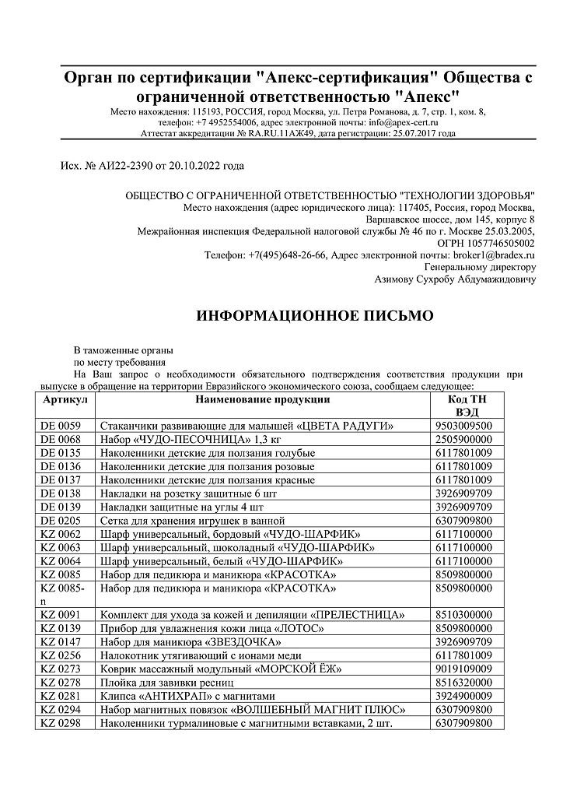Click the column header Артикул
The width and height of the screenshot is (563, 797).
click(x=65, y=399)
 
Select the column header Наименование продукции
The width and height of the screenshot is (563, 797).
click(x=262, y=399)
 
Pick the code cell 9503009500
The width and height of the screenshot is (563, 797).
click(x=464, y=426)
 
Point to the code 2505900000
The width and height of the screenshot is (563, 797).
click(x=464, y=440)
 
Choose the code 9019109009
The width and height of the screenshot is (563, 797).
click(x=464, y=668)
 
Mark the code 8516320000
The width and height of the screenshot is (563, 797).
click(x=464, y=682)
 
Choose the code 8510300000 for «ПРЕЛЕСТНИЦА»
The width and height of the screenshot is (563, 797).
click(x=464, y=614)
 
